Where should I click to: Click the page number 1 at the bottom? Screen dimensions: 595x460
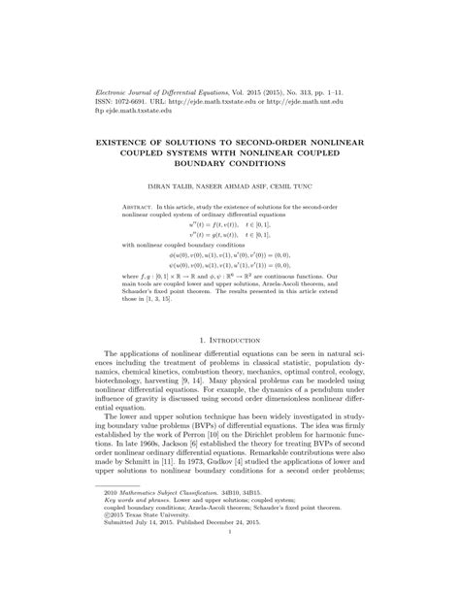[229, 560]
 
